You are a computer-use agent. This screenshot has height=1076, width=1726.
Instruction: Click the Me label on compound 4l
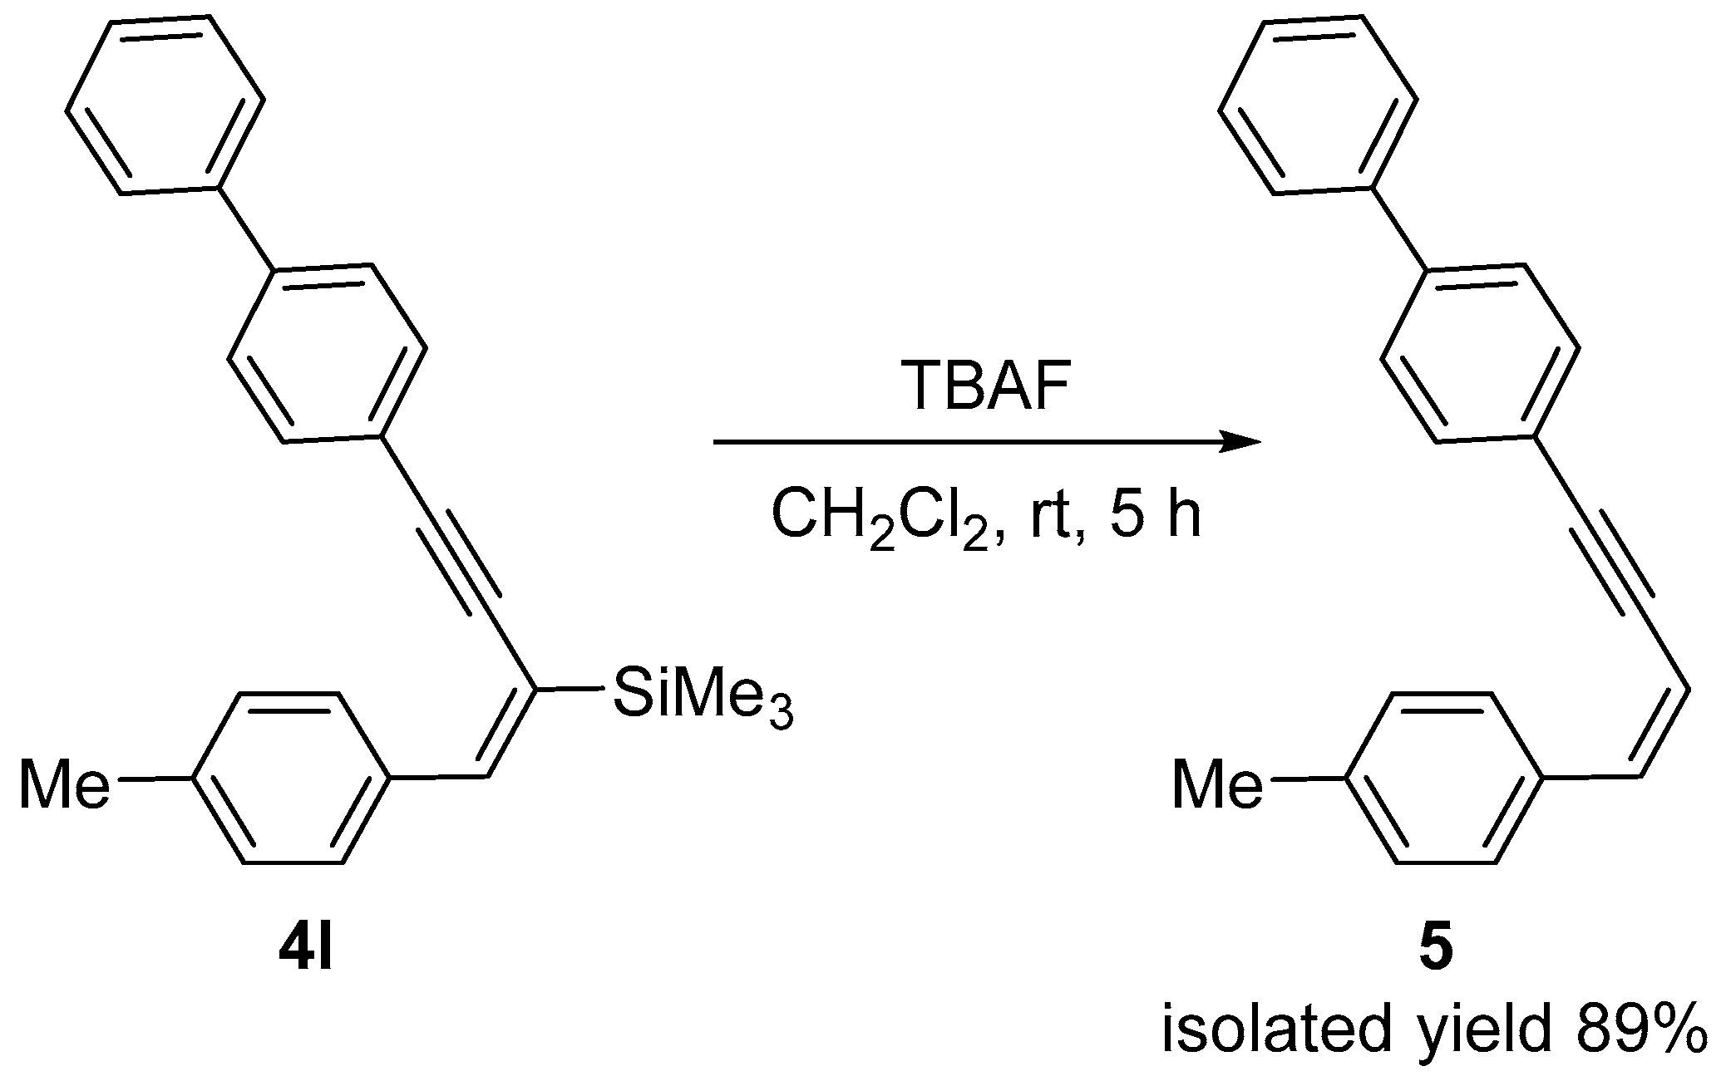[x=63, y=785]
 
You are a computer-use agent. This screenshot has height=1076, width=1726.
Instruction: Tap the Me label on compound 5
[x=1216, y=785]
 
